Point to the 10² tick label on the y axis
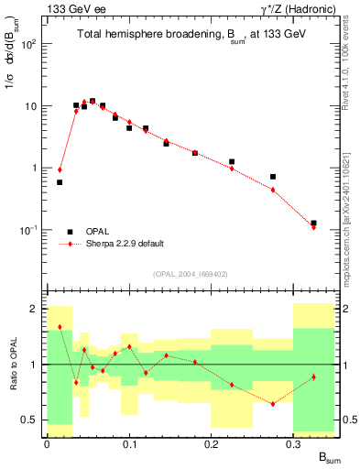click(x=30, y=44)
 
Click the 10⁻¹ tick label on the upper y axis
click(x=30, y=230)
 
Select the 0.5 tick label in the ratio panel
click(x=32, y=420)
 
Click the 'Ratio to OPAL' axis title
click(x=12, y=364)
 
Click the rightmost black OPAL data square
click(x=313, y=223)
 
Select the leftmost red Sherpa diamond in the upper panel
click(x=60, y=169)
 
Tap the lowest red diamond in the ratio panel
click(x=273, y=404)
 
